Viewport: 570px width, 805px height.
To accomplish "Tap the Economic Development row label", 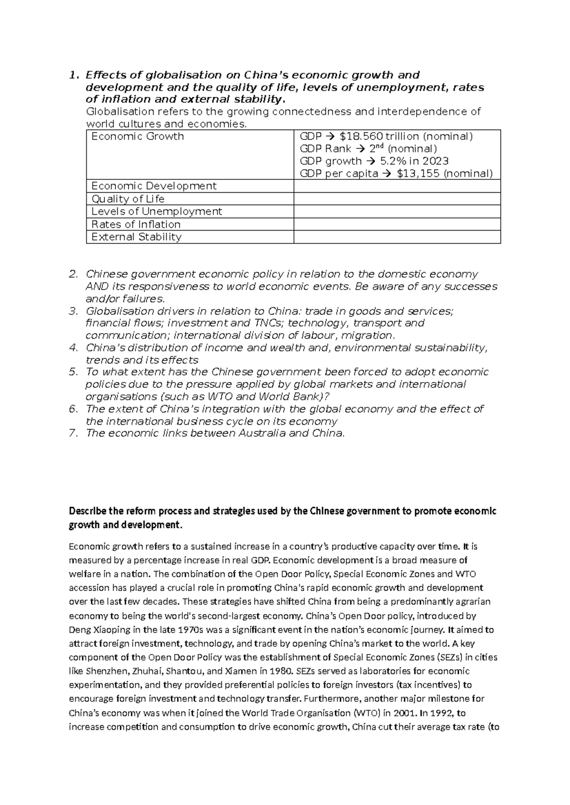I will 153,186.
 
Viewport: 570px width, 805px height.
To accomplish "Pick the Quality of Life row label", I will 128,199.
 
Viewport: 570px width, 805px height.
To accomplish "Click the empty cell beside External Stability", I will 397,237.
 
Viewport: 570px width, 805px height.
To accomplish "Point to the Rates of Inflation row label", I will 136,224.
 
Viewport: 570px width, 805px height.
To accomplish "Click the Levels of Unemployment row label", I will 156,211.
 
